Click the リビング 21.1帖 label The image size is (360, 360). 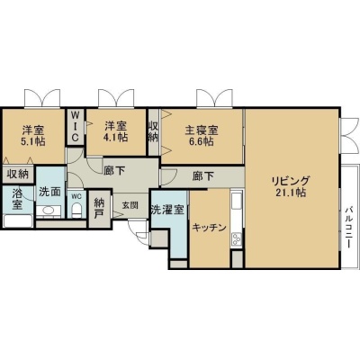click(290, 186)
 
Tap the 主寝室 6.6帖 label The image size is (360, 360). click(202, 136)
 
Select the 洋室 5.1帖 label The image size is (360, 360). click(33, 136)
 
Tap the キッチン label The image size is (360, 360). click(209, 228)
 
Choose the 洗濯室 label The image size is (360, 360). click(167, 210)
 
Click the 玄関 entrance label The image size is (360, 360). click(130, 205)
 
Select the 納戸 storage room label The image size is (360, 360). click(99, 209)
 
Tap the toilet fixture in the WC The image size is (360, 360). click(77, 210)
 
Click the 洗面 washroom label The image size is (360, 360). click(50, 192)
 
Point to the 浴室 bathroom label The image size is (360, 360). click(17, 199)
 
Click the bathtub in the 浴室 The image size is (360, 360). click(18, 221)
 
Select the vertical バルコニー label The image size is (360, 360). click(348, 227)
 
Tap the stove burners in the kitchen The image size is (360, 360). click(236, 239)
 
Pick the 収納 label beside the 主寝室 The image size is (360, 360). click(153, 131)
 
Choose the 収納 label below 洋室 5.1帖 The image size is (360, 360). click(18, 174)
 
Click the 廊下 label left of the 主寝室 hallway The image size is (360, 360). click(114, 171)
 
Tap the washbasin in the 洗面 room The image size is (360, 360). click(48, 211)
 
